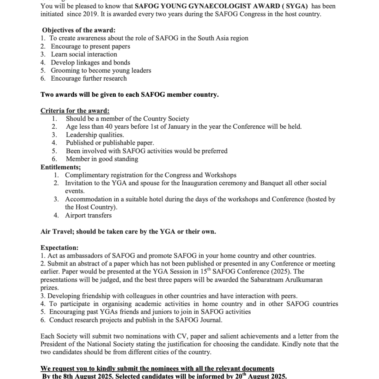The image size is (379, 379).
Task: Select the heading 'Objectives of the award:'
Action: (x=79, y=30)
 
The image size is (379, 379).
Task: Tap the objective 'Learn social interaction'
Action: (x=84, y=54)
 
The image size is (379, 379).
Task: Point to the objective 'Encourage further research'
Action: (x=89, y=78)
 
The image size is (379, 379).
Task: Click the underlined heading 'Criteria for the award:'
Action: (x=75, y=111)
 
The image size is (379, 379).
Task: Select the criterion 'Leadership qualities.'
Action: (x=95, y=135)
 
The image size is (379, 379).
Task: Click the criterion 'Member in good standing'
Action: (x=102, y=159)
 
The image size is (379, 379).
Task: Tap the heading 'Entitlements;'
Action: (x=60, y=167)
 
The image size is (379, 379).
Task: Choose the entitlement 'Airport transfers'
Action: (x=88, y=215)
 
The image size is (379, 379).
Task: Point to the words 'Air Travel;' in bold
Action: (x=56, y=232)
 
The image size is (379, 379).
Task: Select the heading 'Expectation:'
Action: (x=59, y=248)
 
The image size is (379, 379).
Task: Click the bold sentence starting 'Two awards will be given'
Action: (x=130, y=95)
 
